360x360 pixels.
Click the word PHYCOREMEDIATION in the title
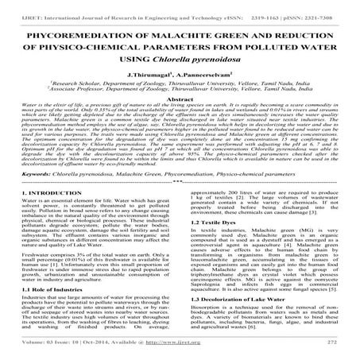(x=75, y=37)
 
